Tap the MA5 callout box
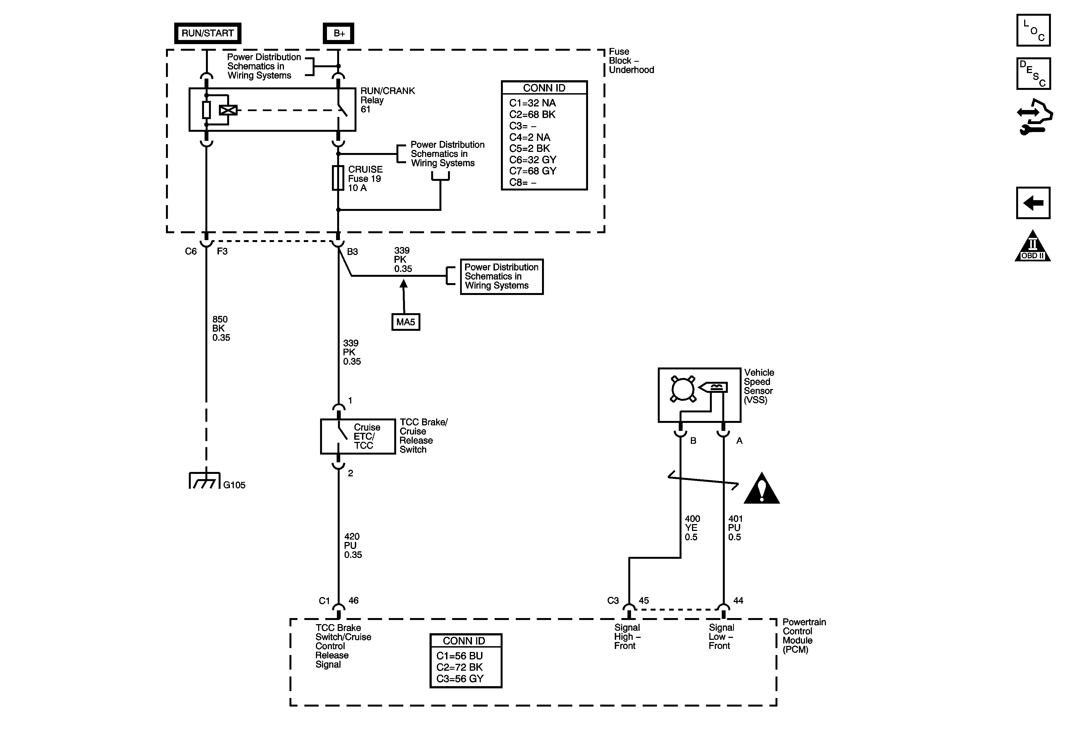click(x=406, y=322)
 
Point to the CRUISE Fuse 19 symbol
click(x=338, y=178)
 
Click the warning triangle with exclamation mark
click(x=761, y=489)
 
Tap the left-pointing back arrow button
click(x=1033, y=203)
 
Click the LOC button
click(x=1033, y=31)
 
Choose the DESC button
click(x=1033, y=74)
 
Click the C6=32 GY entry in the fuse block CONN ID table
click(x=533, y=160)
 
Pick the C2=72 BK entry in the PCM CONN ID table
click(x=460, y=667)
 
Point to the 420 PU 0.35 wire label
click(x=353, y=545)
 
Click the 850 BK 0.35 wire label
click(x=221, y=328)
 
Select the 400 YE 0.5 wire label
click(x=692, y=528)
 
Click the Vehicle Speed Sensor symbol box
click(x=699, y=395)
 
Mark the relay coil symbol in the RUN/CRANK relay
click(x=228, y=110)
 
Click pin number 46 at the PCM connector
click(x=353, y=601)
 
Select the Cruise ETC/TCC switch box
click(x=358, y=436)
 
